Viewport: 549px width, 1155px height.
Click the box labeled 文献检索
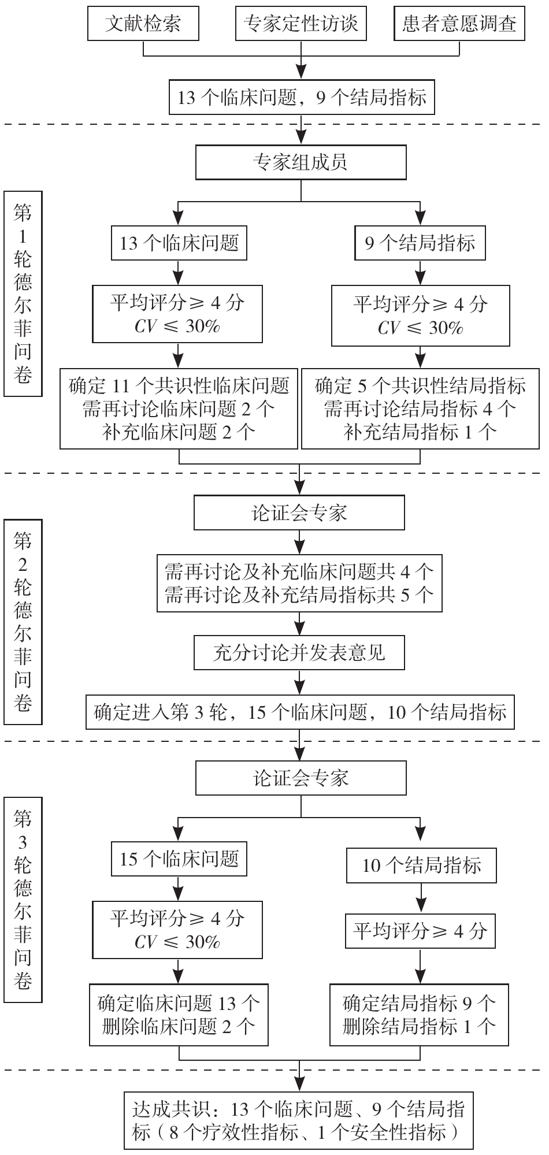143,24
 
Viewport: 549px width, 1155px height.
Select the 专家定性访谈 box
301,24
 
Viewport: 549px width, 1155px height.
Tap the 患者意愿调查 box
459,24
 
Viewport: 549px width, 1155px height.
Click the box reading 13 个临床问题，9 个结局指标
301,97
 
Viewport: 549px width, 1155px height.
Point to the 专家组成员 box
301,162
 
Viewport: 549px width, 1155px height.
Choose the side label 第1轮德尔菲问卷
23,294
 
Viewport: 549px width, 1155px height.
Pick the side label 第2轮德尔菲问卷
23,622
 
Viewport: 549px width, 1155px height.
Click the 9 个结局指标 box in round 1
420,243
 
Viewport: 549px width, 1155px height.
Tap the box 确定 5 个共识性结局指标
420,408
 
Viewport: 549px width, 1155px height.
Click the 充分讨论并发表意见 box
299,653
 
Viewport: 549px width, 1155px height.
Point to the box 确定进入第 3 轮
300,712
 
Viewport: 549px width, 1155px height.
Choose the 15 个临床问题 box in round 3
179,859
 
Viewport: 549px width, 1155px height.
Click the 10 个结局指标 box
421,866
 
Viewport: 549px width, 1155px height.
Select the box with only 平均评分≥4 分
420,931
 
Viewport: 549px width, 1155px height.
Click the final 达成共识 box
299,1120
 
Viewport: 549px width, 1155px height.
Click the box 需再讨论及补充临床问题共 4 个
299,584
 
